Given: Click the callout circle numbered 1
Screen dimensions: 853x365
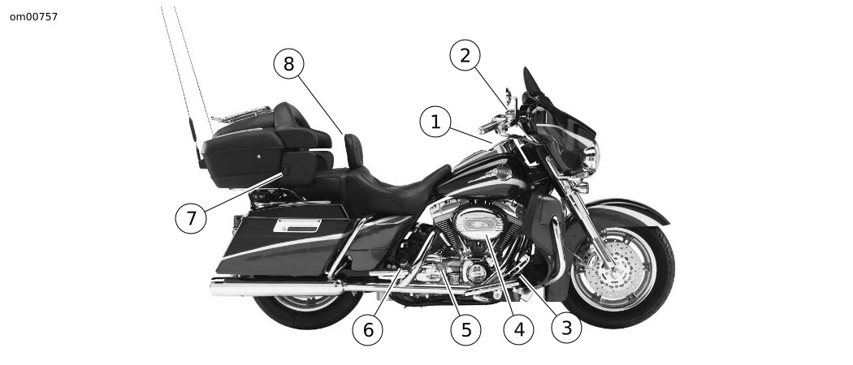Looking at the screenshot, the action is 435,122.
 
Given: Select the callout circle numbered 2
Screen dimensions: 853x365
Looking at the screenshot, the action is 465,55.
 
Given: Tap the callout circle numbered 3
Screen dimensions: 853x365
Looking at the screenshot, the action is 566,328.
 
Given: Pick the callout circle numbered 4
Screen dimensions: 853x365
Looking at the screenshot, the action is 518,329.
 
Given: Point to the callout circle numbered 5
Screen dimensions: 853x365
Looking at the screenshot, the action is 465,329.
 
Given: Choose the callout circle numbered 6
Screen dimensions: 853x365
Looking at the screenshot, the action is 368,329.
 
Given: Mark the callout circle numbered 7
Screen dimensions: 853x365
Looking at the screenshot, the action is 191,218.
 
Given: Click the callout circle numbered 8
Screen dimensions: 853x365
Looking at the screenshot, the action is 289,64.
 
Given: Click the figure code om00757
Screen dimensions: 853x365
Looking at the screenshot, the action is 34,17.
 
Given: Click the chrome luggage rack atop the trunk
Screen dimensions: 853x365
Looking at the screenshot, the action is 241,114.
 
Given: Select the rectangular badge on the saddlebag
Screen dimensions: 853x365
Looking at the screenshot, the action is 297,225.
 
